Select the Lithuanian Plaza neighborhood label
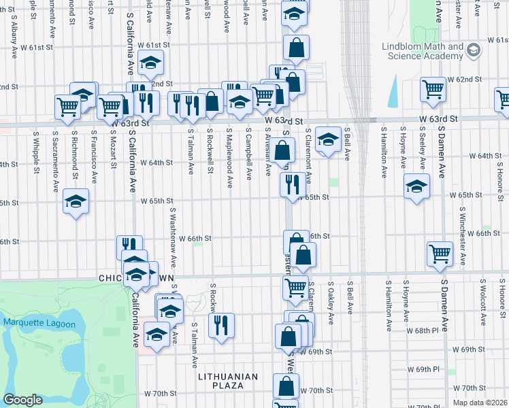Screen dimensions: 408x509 pos(228,381)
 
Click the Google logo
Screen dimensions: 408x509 pos(22,400)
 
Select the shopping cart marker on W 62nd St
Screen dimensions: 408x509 pos(433,88)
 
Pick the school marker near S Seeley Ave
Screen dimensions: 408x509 pos(416,186)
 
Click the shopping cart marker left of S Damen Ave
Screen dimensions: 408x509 pos(440,254)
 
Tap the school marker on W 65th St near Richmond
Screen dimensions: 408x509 pos(76,201)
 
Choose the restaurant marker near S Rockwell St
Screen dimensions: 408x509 pos(221,324)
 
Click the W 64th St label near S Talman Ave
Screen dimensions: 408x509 pos(157,163)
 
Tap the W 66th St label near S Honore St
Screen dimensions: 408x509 pos(484,233)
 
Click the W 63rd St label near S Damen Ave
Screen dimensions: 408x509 pos(438,118)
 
